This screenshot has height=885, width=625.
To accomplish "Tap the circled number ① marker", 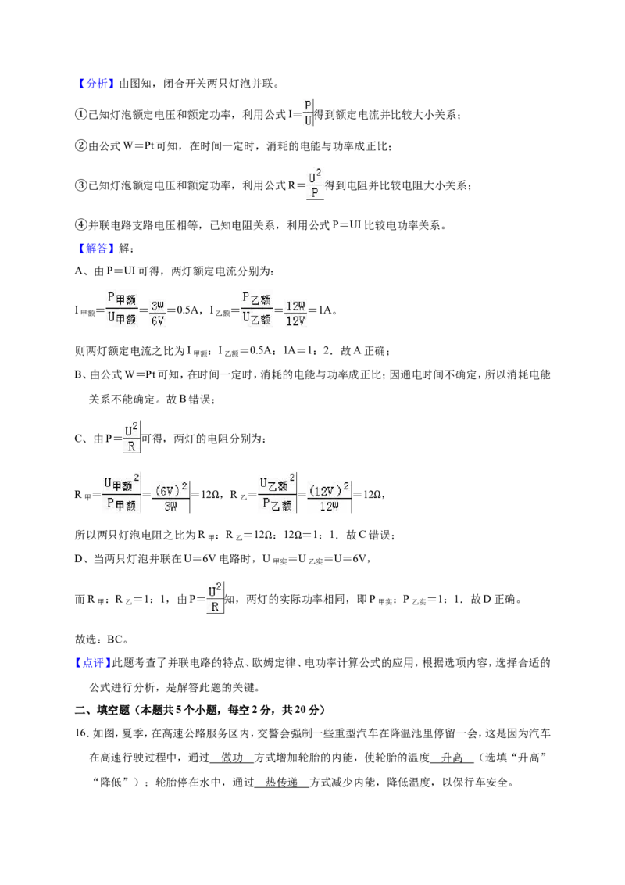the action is coord(81,115).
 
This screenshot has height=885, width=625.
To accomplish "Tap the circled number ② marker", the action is coord(81,146).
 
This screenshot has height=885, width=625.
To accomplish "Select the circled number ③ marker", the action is coord(81,186).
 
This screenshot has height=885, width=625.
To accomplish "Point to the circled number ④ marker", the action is coord(81,225).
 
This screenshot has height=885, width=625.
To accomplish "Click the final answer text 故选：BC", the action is coord(102,640).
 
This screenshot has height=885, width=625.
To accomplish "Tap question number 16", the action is coord(82,734).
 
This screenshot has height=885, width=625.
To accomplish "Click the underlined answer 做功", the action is coord(232,758).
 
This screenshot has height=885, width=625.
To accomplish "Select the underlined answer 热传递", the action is coord(281,783).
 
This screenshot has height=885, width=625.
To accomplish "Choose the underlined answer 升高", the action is coord(452,758).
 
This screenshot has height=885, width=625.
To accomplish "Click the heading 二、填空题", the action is coord(102,710).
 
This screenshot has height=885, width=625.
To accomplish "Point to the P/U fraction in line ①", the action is coord(308,113).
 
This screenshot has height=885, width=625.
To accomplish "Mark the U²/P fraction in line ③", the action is coord(315,184).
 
